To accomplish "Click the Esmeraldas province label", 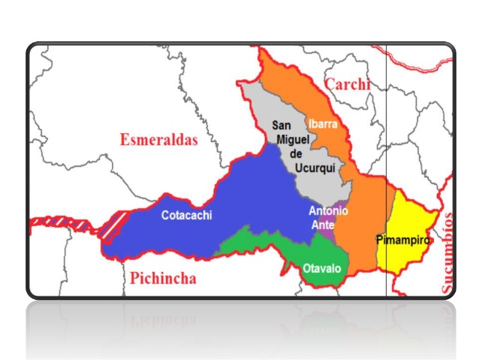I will [x=158, y=139].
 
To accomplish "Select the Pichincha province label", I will [x=162, y=279].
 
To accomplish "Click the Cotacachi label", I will [x=187, y=216].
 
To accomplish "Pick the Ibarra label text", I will [x=323, y=123].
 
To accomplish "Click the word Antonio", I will [x=328, y=211].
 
